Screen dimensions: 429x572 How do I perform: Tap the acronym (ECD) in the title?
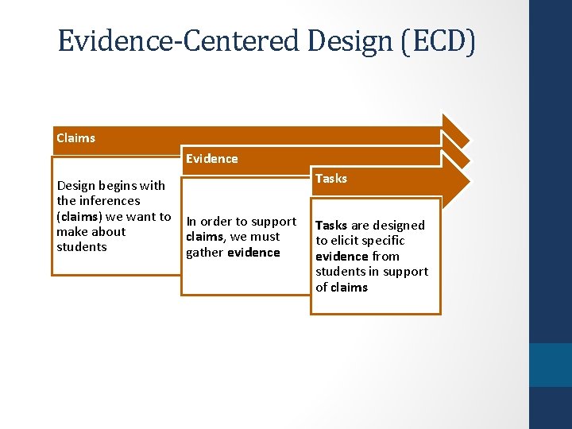[x=437, y=41]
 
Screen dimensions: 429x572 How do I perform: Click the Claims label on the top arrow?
[x=75, y=138]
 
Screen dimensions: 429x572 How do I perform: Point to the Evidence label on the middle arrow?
[x=211, y=159]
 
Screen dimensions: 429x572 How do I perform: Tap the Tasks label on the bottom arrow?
[x=330, y=179]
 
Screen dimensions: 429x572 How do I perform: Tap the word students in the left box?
[x=81, y=247]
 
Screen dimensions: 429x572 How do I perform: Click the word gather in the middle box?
[x=205, y=253]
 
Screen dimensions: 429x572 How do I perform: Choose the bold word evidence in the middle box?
[x=253, y=253]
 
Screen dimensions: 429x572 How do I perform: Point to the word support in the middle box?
[x=272, y=222]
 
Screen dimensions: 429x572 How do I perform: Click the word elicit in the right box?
[x=346, y=241]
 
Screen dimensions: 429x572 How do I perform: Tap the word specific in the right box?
[x=385, y=241]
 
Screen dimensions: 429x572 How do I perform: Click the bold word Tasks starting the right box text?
[x=331, y=226]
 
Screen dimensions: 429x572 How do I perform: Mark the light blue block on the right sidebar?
[x=550, y=365]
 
